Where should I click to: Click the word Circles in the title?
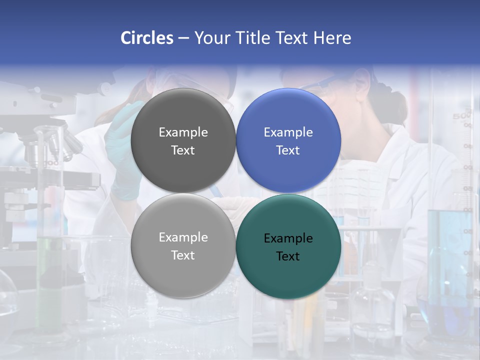coord(147,38)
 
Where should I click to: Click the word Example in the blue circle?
coord(288,132)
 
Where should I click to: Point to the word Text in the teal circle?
coord(288,256)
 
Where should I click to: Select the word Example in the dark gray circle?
coord(183,132)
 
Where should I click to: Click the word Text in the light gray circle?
coord(183,255)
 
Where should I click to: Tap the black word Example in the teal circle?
coord(288,238)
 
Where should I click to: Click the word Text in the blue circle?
coord(288,150)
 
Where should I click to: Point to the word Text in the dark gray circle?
coord(183,150)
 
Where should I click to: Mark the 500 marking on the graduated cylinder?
coord(461,116)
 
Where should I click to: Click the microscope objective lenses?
coord(55,147)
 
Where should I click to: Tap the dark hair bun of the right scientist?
coord(387,102)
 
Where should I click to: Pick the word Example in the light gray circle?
coord(183,237)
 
